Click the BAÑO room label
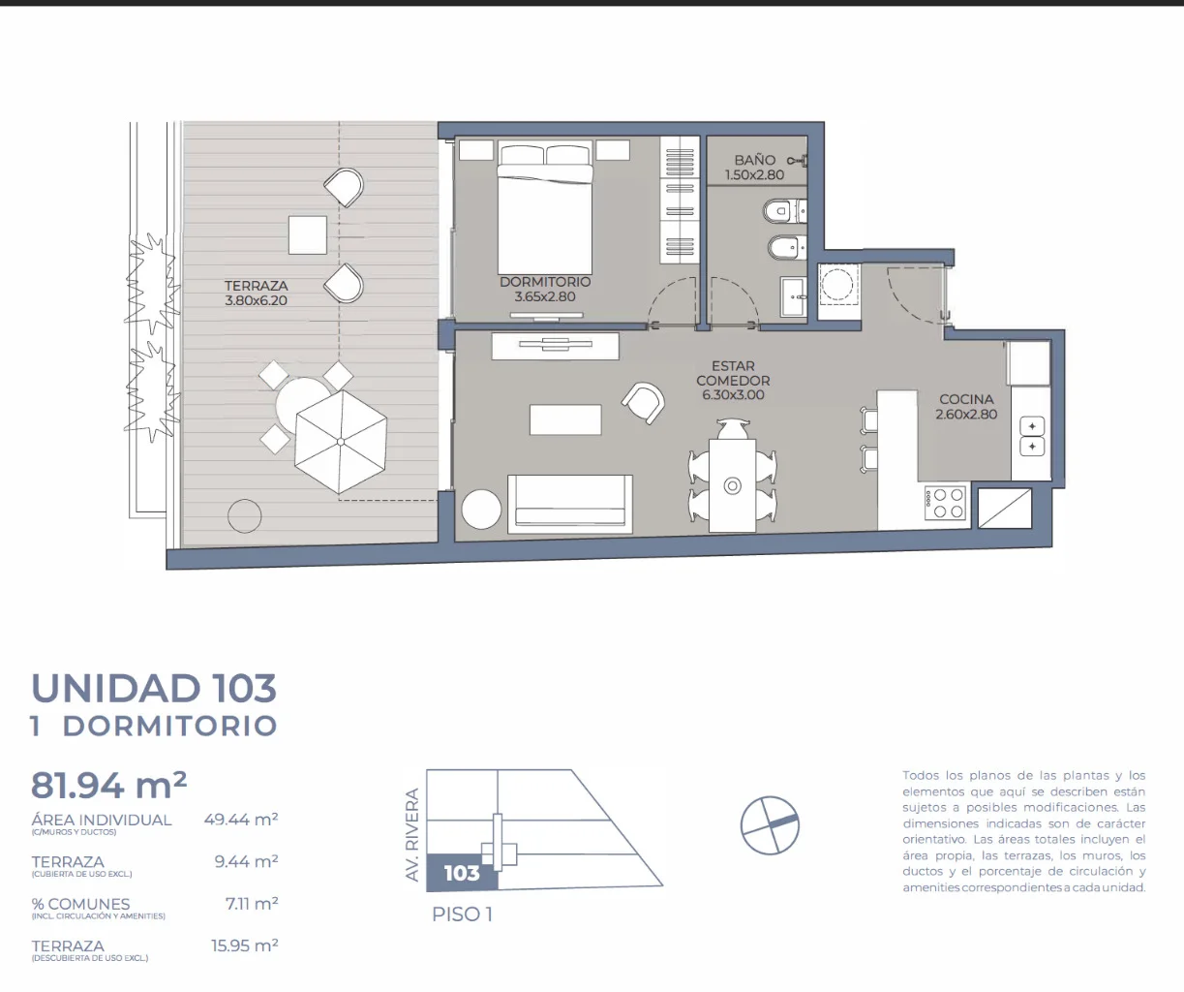[755, 168]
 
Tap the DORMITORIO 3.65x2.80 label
[545, 289]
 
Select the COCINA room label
[966, 406]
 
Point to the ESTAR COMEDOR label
[733, 380]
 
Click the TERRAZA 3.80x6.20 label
[256, 293]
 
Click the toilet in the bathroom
[785, 212]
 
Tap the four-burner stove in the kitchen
[945, 503]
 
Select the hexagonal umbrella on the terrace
[341, 442]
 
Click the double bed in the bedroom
[545, 207]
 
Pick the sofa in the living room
[570, 504]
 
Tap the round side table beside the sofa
[481, 509]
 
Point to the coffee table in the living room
[565, 419]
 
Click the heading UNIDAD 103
[154, 688]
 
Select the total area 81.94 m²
[108, 785]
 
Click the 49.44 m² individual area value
[241, 819]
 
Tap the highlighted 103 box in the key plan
[462, 873]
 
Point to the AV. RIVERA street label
[412, 834]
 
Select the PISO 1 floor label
[462, 914]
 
